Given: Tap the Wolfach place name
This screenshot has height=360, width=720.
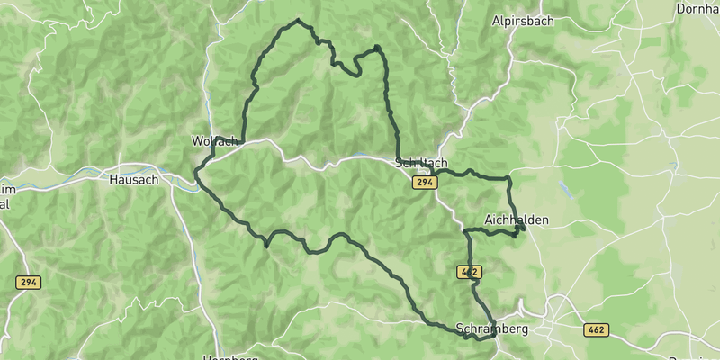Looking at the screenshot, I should point(215,141).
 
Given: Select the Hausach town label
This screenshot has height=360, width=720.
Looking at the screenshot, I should point(133,179).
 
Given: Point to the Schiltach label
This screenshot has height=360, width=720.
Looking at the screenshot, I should point(421,163).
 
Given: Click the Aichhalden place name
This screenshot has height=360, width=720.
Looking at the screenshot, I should point(516,220).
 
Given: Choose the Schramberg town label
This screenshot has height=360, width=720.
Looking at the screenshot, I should point(492,328).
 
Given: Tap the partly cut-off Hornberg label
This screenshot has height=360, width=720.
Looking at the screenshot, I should point(232,356).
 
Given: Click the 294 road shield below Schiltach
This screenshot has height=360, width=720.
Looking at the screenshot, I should point(426,183).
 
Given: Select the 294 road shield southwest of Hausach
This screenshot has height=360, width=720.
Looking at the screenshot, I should point(28,283).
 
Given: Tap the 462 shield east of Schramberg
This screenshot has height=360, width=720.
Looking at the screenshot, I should point(596,330).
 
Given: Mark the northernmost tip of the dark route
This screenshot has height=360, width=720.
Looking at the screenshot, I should point(298,21).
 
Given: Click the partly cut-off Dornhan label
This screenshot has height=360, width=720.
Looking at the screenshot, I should point(698,9).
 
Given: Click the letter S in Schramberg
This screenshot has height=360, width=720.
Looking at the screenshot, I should point(461,328).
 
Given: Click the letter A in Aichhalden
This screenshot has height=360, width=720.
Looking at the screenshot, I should point(488,220).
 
